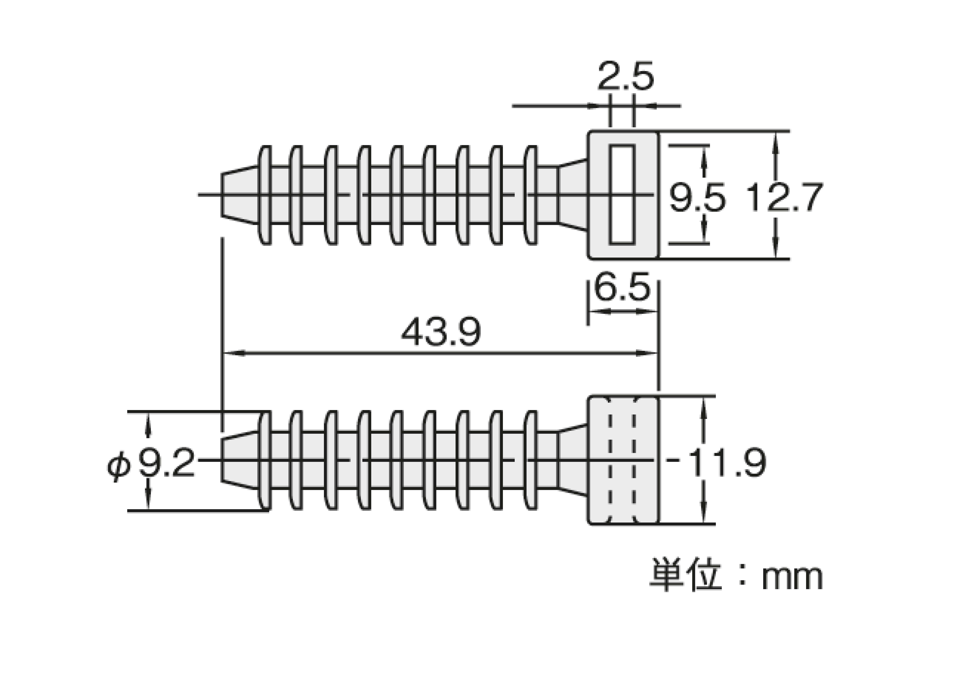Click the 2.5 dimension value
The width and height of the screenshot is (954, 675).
tap(625, 76)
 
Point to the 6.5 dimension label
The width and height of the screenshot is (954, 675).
tap(622, 287)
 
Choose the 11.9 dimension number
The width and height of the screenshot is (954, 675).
tap(726, 462)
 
